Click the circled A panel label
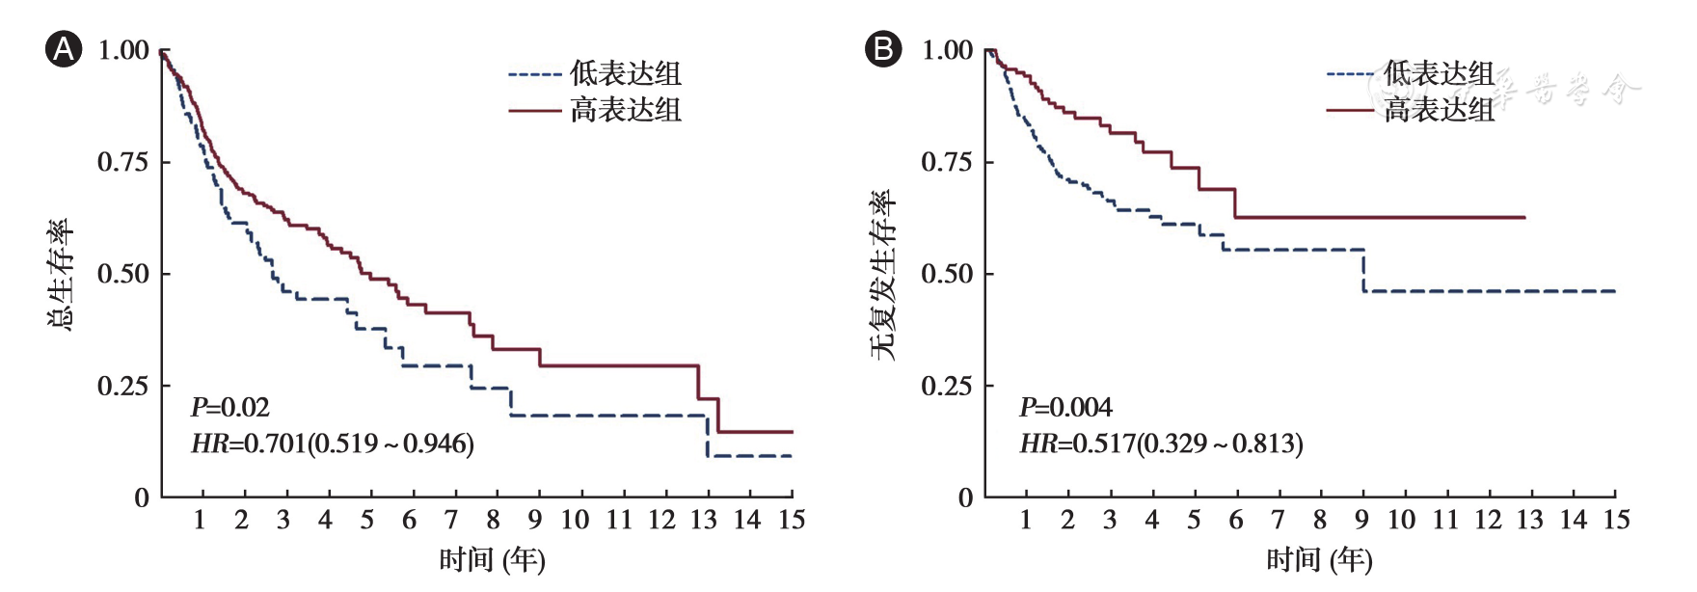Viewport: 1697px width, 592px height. click(x=64, y=49)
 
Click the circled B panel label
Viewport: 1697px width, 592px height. click(x=883, y=49)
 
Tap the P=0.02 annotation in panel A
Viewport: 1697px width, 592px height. click(x=230, y=408)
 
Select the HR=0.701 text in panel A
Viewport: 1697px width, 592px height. click(x=333, y=444)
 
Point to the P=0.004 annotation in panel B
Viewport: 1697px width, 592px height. click(x=1065, y=408)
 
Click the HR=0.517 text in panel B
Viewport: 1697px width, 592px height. click(x=1161, y=444)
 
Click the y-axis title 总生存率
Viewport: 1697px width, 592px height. click(x=60, y=274)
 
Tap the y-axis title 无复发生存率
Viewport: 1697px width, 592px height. click(x=882, y=274)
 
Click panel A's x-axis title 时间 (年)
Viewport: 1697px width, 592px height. click(x=492, y=560)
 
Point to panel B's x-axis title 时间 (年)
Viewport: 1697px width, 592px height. click(x=1318, y=560)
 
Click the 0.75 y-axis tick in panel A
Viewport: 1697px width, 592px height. click(x=123, y=162)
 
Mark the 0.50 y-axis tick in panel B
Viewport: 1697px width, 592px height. click(x=947, y=274)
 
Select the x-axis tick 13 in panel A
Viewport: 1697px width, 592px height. click(x=703, y=521)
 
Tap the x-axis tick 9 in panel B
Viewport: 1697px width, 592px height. click(x=1361, y=521)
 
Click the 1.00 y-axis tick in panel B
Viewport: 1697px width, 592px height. click(x=947, y=50)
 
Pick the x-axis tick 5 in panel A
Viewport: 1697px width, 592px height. click(x=367, y=521)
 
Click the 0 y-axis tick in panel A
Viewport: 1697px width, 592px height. click(x=142, y=498)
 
